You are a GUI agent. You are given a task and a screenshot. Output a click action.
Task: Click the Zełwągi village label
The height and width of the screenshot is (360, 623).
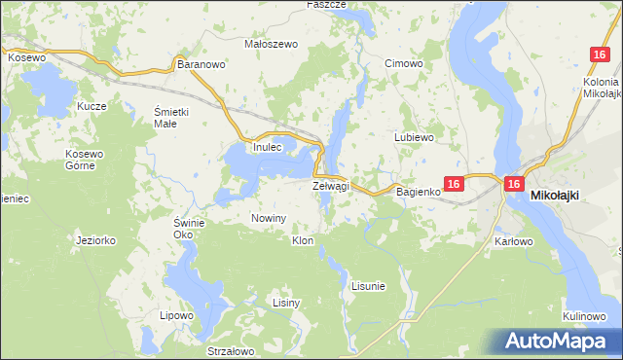pyautogui.click(x=331, y=186)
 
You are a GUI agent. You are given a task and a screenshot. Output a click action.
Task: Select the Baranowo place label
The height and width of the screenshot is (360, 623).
pyautogui.click(x=202, y=64)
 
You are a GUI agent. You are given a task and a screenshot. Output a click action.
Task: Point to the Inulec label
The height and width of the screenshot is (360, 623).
pyautogui.click(x=267, y=147)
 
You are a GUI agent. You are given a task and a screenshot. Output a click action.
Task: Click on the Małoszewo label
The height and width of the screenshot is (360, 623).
pyautogui.click(x=269, y=44)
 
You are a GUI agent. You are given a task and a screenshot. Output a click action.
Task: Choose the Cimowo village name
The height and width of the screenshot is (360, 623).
pyautogui.click(x=403, y=64)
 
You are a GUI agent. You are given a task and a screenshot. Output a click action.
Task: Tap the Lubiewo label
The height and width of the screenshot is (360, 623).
pyautogui.click(x=413, y=137)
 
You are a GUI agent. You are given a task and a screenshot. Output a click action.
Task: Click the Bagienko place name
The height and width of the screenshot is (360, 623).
pyautogui.click(x=419, y=192)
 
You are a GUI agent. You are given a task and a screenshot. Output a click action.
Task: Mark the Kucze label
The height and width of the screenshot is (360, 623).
pyautogui.click(x=92, y=104)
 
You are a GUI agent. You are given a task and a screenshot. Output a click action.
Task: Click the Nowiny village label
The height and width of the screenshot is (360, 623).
pyautogui.click(x=269, y=218)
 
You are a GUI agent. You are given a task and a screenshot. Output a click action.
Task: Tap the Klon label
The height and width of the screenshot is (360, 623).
pyautogui.click(x=302, y=240)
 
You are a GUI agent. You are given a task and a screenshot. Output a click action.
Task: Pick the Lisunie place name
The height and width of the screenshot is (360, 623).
pyautogui.click(x=368, y=286)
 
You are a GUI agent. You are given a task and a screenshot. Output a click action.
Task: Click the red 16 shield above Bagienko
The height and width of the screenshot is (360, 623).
pyautogui.click(x=453, y=183)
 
